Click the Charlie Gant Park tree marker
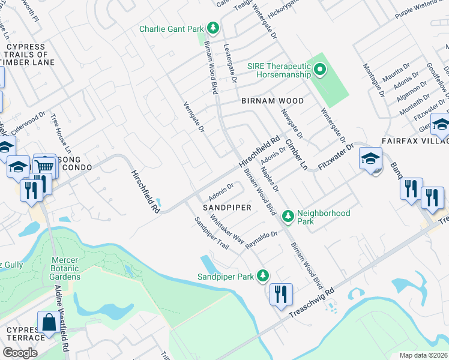point(212,28)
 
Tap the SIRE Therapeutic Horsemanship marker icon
point(320,70)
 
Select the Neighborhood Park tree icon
point(288,215)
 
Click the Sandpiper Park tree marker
point(262,275)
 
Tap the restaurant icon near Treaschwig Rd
point(280,295)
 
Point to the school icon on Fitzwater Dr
point(370,159)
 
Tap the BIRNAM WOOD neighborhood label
point(273,101)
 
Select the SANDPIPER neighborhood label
point(226,207)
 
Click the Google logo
point(20,352)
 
